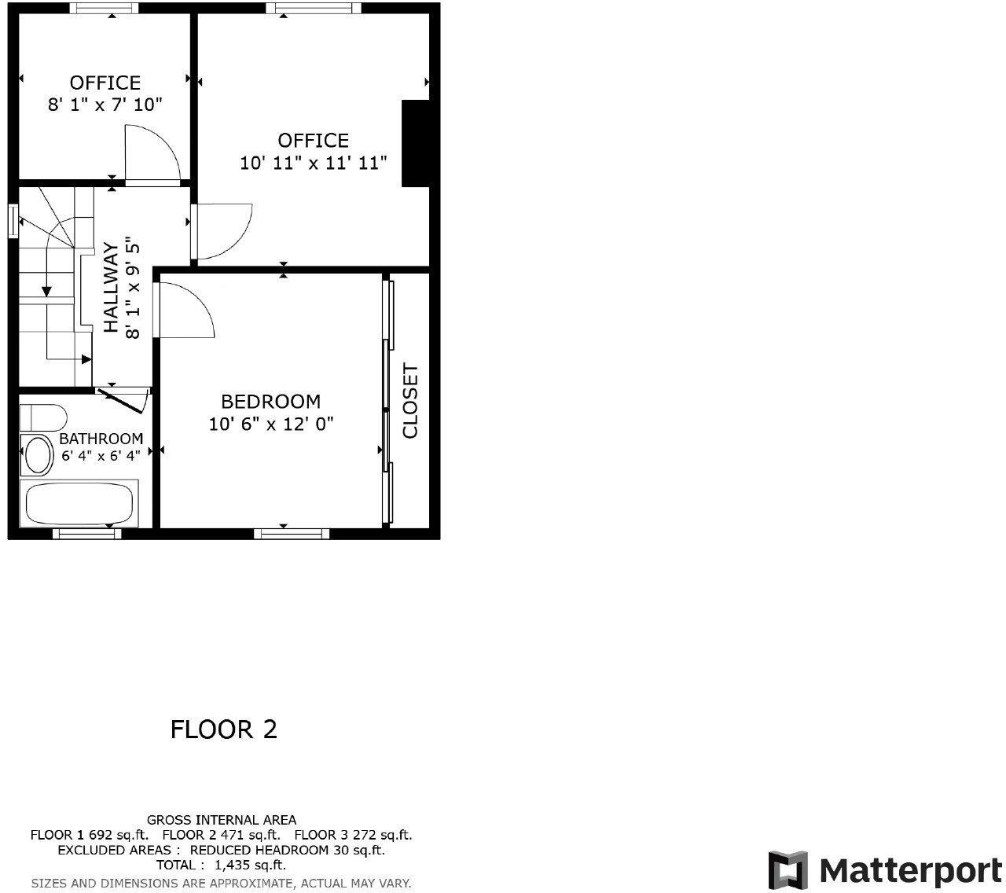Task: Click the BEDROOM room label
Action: tap(270, 402)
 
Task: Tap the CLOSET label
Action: tap(410, 400)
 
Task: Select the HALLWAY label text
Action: tap(111, 287)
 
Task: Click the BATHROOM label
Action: tap(101, 439)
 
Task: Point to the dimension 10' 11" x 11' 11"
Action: tap(313, 164)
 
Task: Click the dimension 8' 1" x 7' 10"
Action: tap(105, 105)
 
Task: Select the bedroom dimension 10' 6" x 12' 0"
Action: tap(271, 424)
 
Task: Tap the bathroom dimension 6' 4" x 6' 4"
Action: tap(101, 455)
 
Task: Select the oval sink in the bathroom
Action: tap(36, 454)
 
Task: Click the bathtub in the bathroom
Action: tap(79, 504)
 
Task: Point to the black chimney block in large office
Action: tap(416, 143)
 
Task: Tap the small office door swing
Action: tap(153, 154)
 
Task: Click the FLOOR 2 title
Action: tap(224, 729)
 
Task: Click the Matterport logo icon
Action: tap(788, 870)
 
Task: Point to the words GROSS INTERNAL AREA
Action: tap(222, 820)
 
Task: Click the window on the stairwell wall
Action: tap(13, 220)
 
